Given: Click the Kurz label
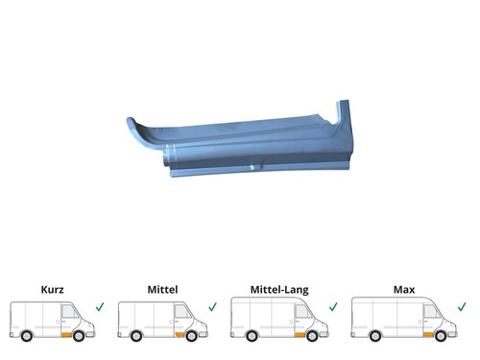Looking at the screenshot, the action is click(53, 290).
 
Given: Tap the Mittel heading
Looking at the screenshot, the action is click(162, 290).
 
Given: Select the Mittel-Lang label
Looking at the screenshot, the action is click(279, 290).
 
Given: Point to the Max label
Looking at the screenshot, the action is click(404, 290).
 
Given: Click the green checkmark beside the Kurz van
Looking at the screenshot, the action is click(100, 307).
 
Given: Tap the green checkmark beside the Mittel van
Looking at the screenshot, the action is click(212, 307).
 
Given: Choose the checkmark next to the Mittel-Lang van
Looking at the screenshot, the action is click(333, 307).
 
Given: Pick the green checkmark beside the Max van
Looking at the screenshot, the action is click(462, 307).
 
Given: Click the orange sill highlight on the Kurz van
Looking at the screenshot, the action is click(67, 335).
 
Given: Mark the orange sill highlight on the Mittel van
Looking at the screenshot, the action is click(180, 335).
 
